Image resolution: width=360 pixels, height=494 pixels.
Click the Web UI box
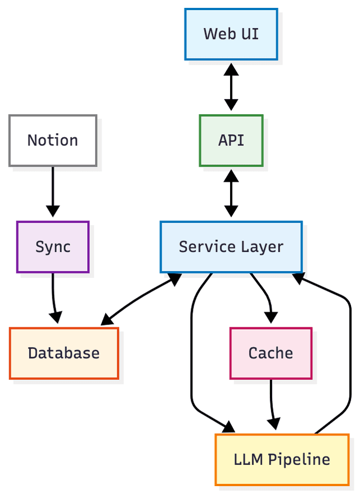231,34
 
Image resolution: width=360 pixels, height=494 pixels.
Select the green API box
231,141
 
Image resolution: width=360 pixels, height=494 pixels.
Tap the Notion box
53,141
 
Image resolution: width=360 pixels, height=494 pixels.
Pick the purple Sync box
53,247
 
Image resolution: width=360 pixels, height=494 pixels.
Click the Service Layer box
231,247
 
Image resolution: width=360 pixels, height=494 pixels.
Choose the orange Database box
64,353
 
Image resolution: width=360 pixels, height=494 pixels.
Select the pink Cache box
271,353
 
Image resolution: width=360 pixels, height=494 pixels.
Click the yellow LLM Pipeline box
282,459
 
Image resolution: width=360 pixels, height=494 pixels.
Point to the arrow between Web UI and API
231,87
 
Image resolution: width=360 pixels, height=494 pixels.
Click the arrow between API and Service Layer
231,194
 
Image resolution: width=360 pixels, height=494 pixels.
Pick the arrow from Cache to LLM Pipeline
272,402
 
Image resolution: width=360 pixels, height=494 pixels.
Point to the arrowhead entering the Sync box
53,212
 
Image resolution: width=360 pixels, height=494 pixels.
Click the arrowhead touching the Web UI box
231,69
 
